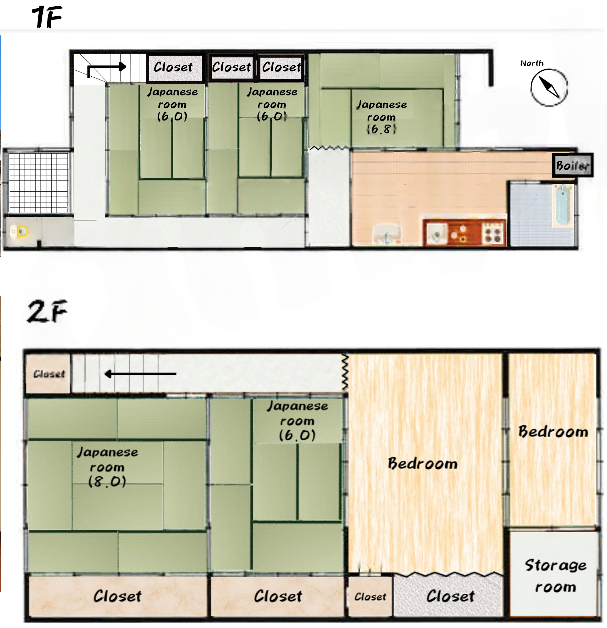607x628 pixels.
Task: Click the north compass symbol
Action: [549, 87]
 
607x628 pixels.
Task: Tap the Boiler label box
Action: [573, 165]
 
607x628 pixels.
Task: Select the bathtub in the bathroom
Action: [562, 206]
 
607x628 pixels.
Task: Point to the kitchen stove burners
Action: [493, 233]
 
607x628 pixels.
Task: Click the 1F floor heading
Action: [47, 17]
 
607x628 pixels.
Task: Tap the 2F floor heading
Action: [47, 311]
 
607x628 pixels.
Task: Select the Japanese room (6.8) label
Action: [382, 116]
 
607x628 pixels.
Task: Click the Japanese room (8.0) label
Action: [107, 467]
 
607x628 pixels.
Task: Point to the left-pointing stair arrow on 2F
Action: [140, 374]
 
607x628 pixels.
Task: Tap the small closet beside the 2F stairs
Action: [48, 374]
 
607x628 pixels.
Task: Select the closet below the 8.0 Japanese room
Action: [117, 596]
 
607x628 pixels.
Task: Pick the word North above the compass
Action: [532, 63]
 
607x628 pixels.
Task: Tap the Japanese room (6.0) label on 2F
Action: [297, 421]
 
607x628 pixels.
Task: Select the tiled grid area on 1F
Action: [38, 182]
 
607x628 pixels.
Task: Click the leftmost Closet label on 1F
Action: [173, 67]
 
